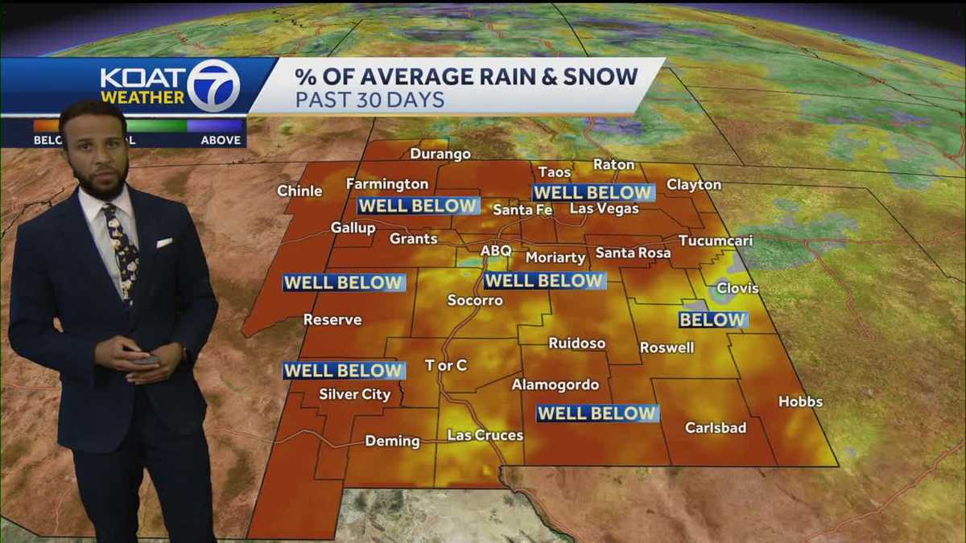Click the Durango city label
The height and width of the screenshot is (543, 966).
pos(440,154)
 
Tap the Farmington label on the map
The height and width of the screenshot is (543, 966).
pos(387,184)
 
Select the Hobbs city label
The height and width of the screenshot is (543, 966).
pos(800,401)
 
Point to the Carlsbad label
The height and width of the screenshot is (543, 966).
pos(716,428)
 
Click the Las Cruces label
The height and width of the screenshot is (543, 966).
pos(485,435)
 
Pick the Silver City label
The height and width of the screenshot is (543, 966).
pos(354,394)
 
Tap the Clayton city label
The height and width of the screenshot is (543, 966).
pos(694,184)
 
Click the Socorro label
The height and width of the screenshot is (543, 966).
pos(475,301)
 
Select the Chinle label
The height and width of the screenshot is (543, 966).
pos(299,191)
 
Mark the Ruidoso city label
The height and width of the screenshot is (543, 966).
pos(576,343)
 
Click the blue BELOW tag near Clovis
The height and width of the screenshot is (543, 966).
pos(712,320)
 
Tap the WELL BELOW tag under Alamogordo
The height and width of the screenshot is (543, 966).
pos(597,413)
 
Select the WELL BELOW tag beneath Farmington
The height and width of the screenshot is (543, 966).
pos(419,205)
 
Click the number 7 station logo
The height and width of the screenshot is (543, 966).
pos(213,85)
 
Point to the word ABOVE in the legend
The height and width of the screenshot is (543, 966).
pos(221,140)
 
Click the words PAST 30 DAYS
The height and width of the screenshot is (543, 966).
pos(369,101)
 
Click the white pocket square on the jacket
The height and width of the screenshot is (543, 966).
pos(164,242)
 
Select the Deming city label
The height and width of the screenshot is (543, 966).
pos(392,441)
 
